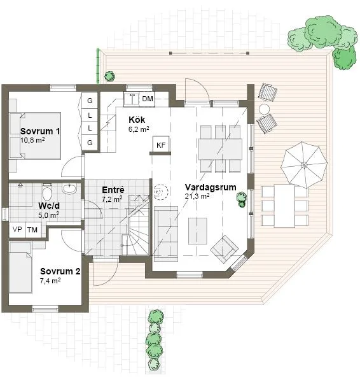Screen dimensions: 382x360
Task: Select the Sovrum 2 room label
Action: pos(60,271)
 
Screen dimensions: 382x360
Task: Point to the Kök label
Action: pos(136,120)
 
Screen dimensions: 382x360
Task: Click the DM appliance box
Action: pos(148,99)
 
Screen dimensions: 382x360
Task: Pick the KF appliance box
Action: pos(161,145)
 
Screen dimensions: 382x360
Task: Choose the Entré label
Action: pos(112,189)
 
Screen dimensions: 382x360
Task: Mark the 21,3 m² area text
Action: pos(197,196)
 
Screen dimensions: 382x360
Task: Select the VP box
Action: pos(17,229)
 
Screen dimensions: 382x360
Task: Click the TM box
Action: pos(32,229)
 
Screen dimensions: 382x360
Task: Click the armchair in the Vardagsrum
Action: pos(224,248)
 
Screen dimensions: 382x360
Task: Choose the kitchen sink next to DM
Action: pos(133,99)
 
